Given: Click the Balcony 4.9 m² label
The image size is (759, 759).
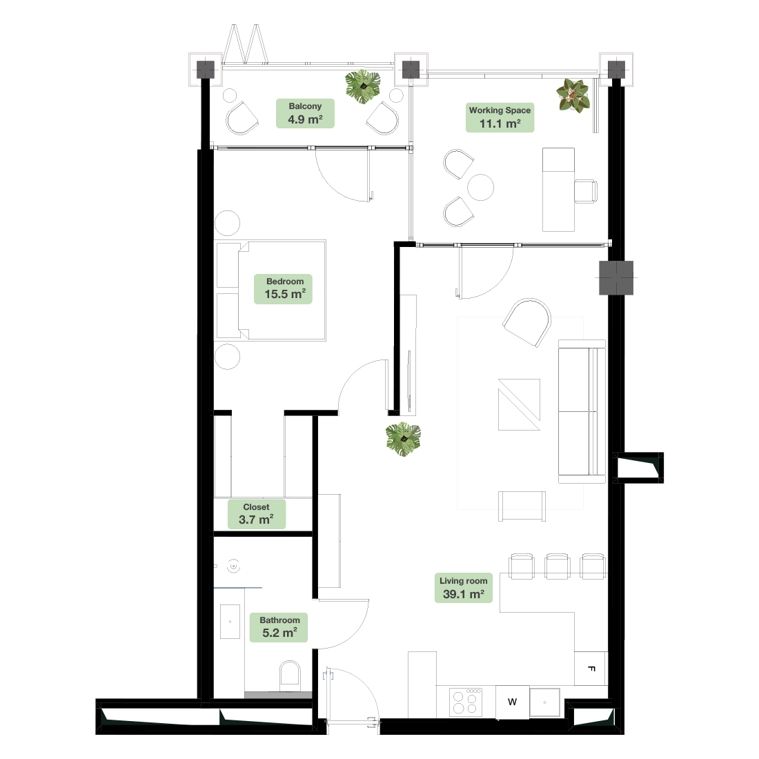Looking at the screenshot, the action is tap(305, 113).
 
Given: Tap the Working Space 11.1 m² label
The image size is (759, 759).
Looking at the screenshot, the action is tap(500, 117).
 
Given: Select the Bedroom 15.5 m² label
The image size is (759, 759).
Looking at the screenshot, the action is tap(283, 289).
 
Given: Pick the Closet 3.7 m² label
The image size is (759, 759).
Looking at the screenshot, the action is tap(257, 514).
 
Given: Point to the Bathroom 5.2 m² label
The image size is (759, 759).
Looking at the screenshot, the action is tap(279, 627).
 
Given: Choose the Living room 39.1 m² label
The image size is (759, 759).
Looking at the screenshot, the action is tap(464, 588).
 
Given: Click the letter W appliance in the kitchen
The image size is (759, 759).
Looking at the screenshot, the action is tap(512, 702).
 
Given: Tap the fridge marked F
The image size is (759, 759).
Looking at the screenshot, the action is tap(591, 669).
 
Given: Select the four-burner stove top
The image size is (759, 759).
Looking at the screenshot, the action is tap(466, 702).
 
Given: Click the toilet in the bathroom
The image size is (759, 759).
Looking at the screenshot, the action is tap(290, 677).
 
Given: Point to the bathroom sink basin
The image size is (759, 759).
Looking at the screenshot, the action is tap(230, 622).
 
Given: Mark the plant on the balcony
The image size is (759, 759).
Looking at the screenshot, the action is tap(362, 87).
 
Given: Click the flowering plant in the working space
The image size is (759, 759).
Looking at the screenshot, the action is tap(573, 95).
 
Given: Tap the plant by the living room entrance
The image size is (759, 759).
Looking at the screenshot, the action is tap(403, 439).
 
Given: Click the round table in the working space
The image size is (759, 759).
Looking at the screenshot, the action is tap(481, 187).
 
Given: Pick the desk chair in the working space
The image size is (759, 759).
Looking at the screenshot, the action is tap(586, 191).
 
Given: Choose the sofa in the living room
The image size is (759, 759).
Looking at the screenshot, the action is tap(582, 411).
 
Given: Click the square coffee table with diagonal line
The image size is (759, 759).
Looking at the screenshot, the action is tap(519, 404).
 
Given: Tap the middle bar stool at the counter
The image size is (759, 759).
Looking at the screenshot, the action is tap(557, 566).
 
